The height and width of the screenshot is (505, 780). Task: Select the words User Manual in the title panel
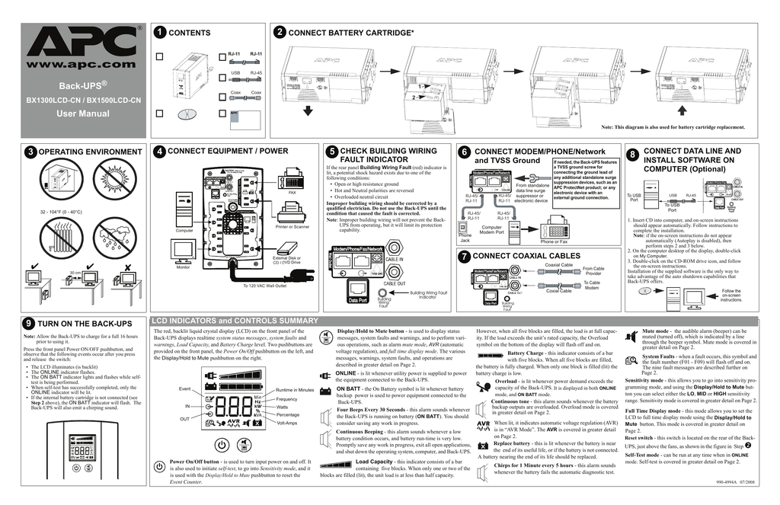click(x=83, y=113)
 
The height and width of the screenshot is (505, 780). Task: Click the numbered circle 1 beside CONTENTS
click(x=158, y=33)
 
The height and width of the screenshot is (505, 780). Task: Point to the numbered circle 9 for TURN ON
click(x=28, y=324)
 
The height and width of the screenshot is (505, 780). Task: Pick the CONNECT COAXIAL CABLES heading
click(x=526, y=256)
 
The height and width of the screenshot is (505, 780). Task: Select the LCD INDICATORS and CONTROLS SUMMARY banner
click(x=235, y=321)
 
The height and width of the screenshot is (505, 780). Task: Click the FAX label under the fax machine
click(x=292, y=193)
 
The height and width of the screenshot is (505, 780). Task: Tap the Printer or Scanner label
click(x=292, y=226)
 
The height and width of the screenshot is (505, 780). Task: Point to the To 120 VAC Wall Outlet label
click(x=264, y=286)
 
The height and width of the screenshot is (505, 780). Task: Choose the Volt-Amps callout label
click(x=287, y=423)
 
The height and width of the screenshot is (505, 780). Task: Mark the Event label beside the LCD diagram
click(x=184, y=389)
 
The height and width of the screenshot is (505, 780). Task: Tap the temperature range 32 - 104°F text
click(x=60, y=211)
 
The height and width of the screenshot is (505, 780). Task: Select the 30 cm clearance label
click(x=75, y=272)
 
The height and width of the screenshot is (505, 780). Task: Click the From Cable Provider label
click(x=593, y=270)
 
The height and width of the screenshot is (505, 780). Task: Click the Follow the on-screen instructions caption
click(x=730, y=296)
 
